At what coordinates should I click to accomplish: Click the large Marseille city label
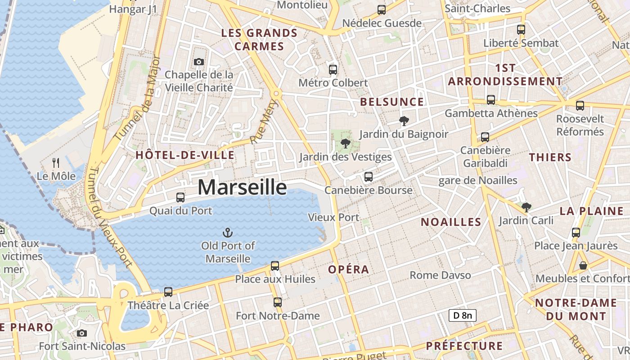[242, 187]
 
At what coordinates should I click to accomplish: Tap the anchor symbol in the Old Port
[228, 233]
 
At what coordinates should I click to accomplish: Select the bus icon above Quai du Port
[180, 197]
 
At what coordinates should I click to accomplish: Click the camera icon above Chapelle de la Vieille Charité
[198, 62]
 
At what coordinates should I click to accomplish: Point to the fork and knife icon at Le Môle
[56, 162]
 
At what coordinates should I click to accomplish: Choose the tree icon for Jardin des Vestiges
[346, 144]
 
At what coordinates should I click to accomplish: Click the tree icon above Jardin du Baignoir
[404, 121]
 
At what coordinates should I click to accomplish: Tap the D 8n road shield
[462, 315]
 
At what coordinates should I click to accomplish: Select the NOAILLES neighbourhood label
[451, 222]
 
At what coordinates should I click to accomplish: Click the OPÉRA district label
[348, 270]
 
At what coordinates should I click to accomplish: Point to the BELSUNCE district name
[392, 102]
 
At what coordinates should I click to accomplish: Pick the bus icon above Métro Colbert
[333, 69]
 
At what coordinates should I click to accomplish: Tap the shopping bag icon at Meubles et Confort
[583, 265]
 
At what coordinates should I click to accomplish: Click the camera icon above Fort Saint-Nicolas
[81, 333]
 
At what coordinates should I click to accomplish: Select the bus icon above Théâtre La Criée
[168, 292]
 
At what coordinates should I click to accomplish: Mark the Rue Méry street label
[265, 122]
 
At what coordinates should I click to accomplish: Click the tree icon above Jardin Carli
[526, 207]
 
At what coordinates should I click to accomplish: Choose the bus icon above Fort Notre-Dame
[278, 302]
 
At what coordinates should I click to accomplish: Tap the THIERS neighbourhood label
[550, 157]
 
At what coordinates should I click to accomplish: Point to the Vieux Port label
[333, 217]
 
